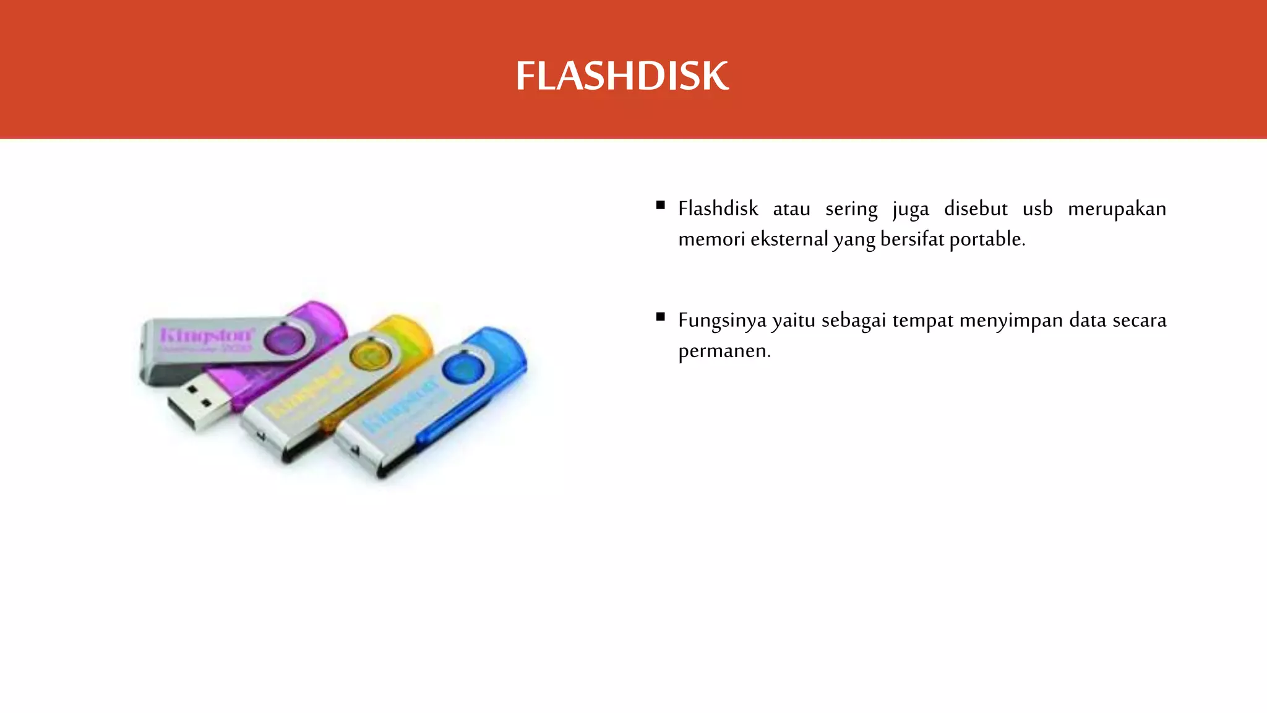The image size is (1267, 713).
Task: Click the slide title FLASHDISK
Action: coord(622,76)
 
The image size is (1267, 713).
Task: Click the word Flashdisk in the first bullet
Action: coord(718,209)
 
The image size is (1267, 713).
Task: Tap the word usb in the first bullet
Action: coord(1037,209)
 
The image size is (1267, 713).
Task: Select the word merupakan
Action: coord(1117,209)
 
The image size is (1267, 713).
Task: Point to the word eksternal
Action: coord(789,239)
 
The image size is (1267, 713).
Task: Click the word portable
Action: coord(987,239)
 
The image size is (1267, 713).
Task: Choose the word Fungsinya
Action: coord(722,321)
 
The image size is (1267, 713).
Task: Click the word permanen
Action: coord(724,351)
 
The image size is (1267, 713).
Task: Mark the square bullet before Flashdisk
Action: coord(661,205)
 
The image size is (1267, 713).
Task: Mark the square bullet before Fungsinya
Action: coord(661,317)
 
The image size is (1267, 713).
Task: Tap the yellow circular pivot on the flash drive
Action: coord(370,357)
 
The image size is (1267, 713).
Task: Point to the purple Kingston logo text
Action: coord(206,335)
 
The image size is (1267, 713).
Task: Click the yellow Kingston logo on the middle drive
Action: coord(305,391)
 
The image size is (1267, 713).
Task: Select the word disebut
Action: coord(976,209)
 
